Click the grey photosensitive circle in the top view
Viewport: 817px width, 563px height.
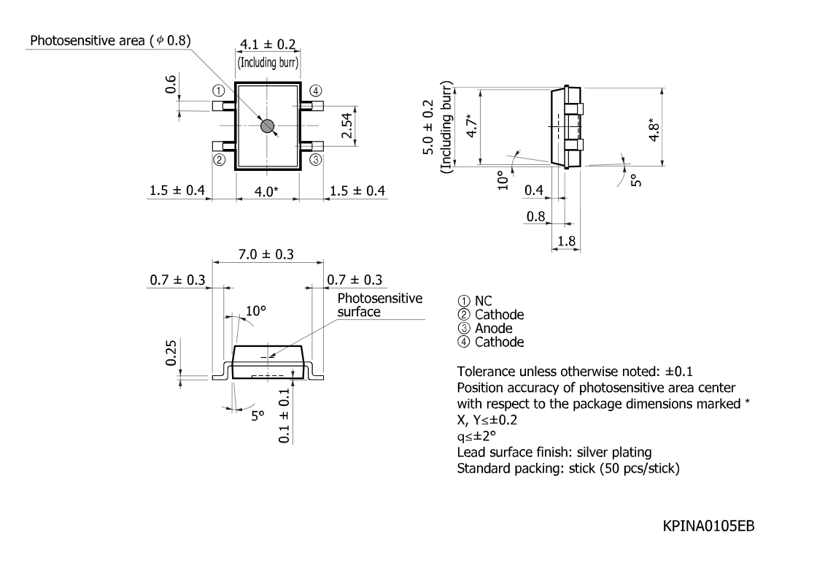coord(267,126)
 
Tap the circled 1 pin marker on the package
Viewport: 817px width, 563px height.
coord(218,91)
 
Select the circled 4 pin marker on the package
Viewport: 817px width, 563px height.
coord(316,91)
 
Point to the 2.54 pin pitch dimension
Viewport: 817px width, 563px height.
coord(347,126)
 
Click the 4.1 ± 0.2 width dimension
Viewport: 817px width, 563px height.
coord(268,45)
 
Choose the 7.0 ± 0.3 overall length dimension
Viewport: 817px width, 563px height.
coord(266,255)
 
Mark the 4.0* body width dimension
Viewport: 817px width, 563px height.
coord(266,191)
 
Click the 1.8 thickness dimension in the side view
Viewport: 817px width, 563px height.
coord(566,241)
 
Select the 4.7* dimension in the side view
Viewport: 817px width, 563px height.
coord(471,126)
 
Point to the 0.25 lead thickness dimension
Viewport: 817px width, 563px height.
coord(171,353)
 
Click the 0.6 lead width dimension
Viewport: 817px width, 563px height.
coord(171,84)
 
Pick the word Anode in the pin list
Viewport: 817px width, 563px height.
coord(493,328)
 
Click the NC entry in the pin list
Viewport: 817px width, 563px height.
coord(483,301)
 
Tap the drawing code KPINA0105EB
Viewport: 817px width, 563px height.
coord(708,526)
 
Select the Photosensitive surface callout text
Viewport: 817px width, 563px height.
coord(380,305)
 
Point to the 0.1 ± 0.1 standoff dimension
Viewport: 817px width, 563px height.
coord(284,415)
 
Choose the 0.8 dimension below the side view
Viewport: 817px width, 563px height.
coord(535,216)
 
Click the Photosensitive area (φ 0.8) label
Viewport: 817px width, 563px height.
coord(110,41)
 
